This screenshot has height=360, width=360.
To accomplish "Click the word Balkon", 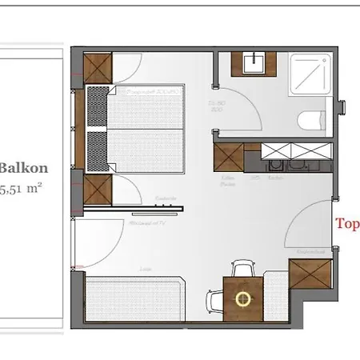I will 23,168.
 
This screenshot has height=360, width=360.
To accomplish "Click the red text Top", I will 346,224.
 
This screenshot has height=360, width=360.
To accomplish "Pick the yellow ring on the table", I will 242,299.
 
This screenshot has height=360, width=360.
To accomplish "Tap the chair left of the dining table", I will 215,302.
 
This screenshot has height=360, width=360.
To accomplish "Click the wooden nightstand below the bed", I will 98,190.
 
